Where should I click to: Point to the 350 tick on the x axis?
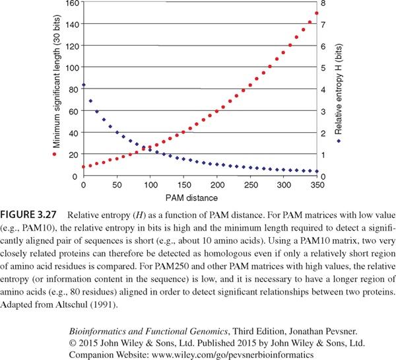coord(317,186)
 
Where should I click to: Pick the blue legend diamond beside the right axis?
coord(339,140)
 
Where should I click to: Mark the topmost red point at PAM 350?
coord(317,13)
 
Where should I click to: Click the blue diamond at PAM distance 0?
coord(83,85)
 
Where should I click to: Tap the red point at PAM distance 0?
coord(83,166)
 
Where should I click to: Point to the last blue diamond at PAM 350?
coord(317,172)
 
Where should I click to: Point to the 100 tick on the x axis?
coord(150,186)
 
